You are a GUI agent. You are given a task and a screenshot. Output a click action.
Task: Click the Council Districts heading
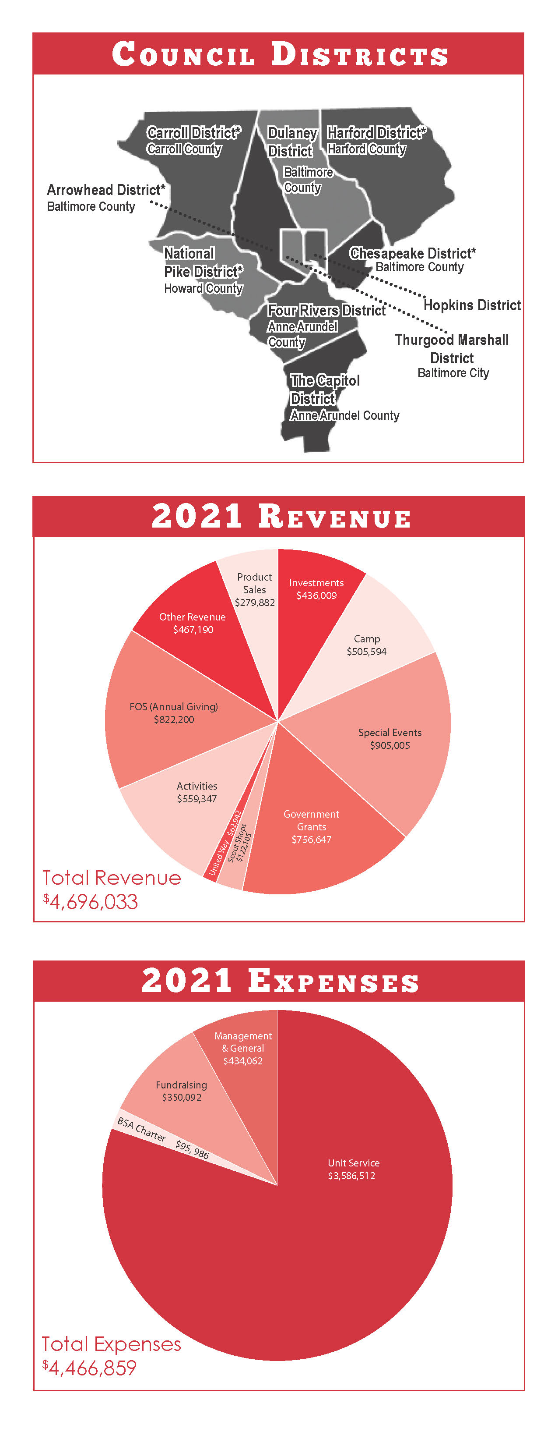click(279, 54)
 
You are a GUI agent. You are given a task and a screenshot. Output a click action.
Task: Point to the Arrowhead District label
click(106, 198)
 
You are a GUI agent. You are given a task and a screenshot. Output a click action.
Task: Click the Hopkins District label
click(472, 305)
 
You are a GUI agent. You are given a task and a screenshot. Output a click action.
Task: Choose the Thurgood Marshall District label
click(452, 356)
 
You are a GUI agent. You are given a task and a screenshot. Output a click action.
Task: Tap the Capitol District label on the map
click(344, 397)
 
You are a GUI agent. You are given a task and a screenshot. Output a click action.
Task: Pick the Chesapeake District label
click(413, 259)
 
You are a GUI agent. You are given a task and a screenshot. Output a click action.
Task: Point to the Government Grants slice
click(314, 831)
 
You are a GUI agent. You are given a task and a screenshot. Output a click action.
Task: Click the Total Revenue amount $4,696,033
click(90, 901)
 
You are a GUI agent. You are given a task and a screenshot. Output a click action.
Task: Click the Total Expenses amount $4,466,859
click(89, 1368)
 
